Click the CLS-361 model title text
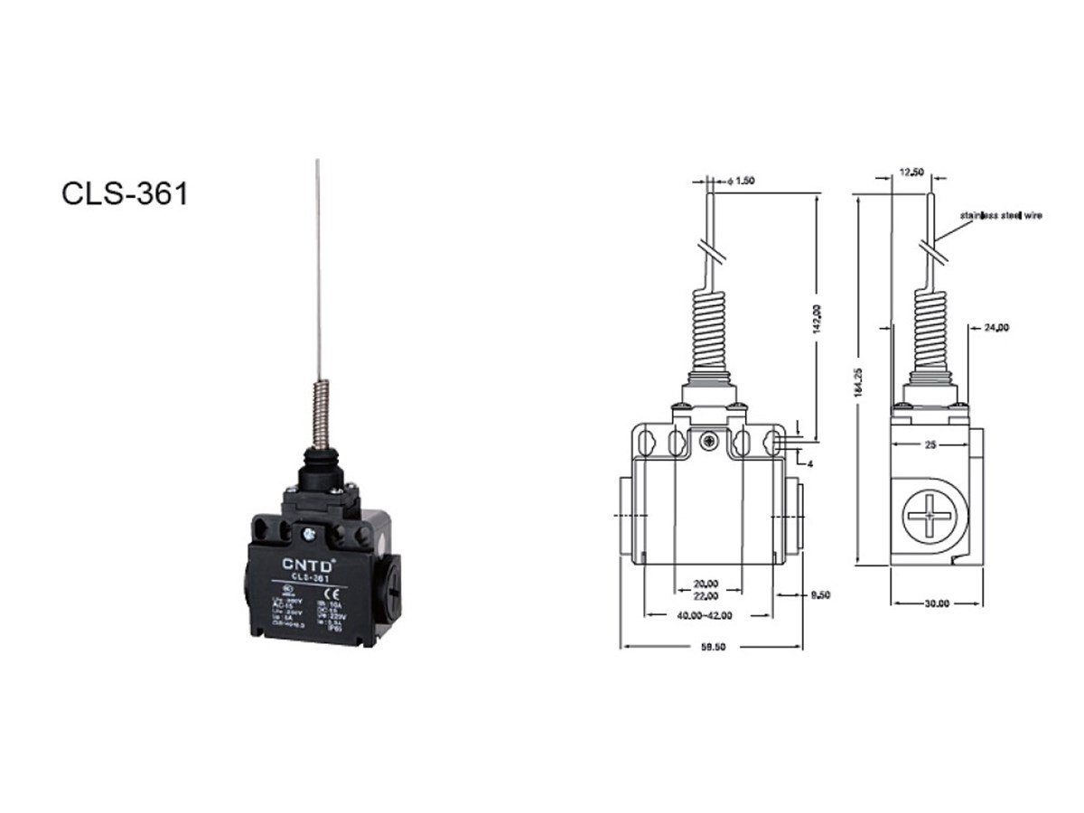tap(125, 193)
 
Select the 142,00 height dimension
tap(817, 318)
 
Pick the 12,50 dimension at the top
tap(911, 173)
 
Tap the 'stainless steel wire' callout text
tap(1001, 215)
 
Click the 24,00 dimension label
tap(996, 328)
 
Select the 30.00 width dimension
tap(935, 603)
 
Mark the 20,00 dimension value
tap(706, 583)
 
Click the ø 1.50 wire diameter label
tap(741, 181)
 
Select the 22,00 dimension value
tap(706, 595)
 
